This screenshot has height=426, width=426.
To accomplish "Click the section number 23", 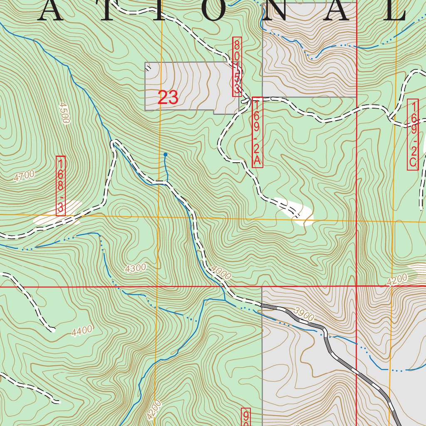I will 168,98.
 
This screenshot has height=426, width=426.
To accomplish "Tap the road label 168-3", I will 61,186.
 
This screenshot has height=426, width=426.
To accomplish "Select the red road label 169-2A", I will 257,133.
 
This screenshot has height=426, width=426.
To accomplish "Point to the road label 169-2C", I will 413,135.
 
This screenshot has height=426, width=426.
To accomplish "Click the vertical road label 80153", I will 237,67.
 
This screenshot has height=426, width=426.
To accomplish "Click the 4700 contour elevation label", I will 24,176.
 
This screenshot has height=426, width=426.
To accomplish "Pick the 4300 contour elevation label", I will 136,268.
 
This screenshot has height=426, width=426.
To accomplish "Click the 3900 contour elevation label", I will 303,313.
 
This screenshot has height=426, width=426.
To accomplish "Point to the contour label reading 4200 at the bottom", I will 154,409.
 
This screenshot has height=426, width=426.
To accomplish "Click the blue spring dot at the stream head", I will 166,155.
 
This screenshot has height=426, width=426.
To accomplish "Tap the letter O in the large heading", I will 218,11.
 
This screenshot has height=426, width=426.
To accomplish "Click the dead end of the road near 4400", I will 53,330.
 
